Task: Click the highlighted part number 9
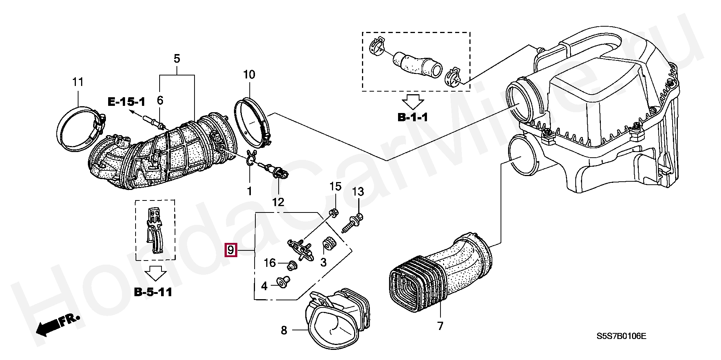click(231, 250)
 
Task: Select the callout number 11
click(78, 82)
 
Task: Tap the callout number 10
click(249, 75)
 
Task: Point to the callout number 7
click(440, 325)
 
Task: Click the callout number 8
click(284, 330)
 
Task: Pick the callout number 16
click(270, 263)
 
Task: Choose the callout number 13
click(358, 192)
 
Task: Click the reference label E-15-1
click(127, 101)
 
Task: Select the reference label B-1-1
click(413, 117)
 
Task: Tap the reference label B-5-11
click(153, 292)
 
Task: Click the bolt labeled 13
click(351, 224)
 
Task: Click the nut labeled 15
click(332, 213)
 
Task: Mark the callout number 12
click(278, 202)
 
